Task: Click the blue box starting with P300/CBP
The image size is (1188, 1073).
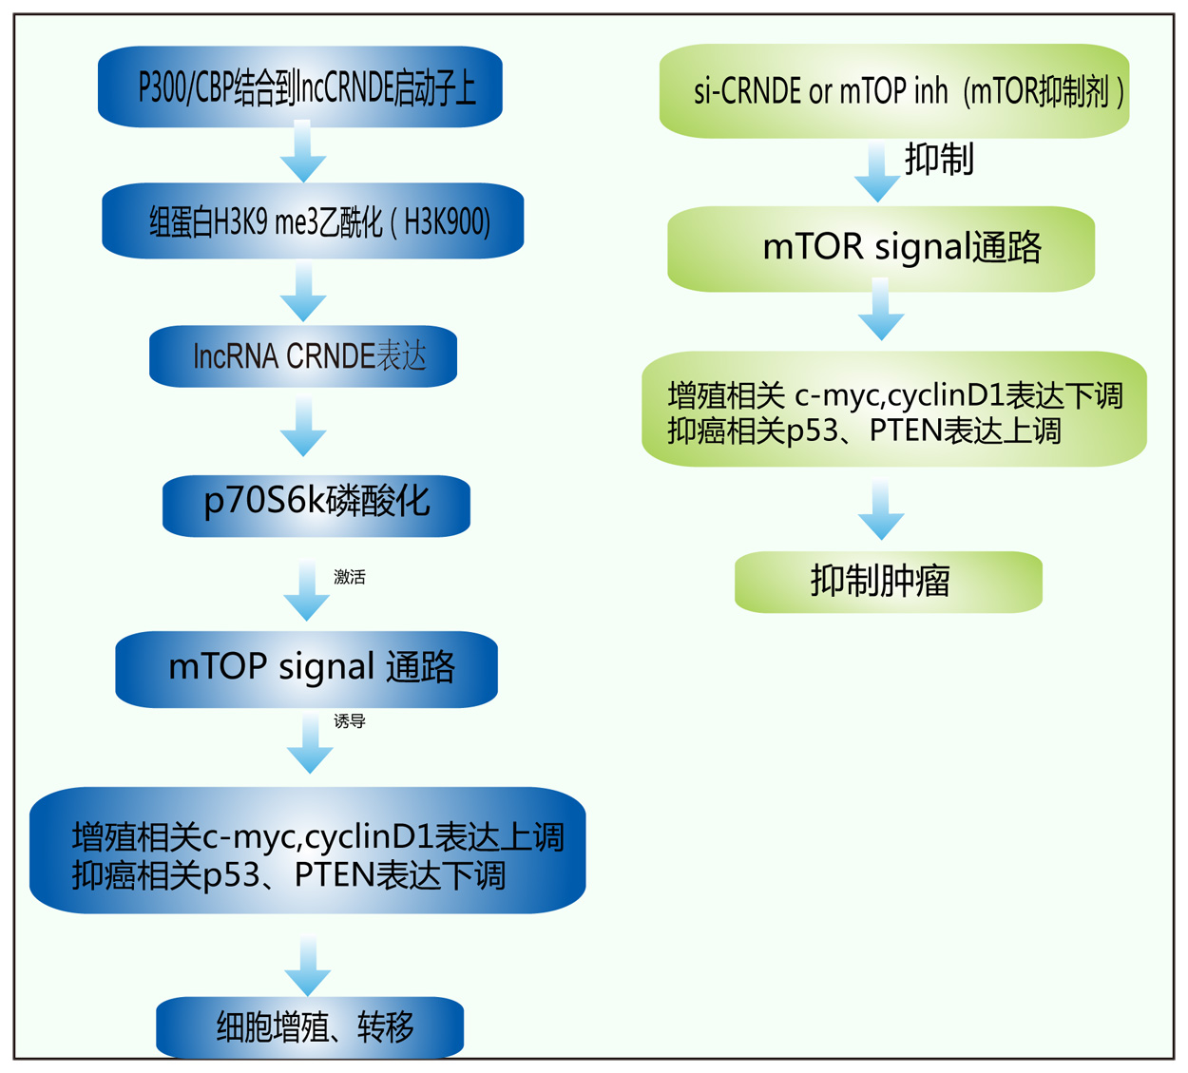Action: point(300,87)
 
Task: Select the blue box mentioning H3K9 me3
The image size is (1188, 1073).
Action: point(313,221)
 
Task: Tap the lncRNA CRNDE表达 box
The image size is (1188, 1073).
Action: point(303,356)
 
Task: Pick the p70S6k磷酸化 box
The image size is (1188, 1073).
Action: point(316,504)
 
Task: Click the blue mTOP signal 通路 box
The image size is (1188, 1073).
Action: point(306,668)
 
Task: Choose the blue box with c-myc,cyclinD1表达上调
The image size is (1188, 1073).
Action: point(307,851)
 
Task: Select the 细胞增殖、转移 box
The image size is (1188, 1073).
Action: point(310,1026)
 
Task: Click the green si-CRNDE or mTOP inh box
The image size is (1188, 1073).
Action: point(894,91)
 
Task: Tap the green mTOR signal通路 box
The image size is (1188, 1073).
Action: point(881,248)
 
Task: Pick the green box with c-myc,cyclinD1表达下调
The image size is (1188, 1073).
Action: point(894,410)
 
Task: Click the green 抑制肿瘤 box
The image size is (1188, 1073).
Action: point(889,581)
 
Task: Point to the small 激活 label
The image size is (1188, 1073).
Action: point(349,577)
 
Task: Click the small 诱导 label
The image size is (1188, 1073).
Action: point(349,721)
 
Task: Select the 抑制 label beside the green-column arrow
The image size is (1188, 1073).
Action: point(939,159)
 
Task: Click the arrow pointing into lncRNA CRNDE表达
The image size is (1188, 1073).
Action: point(303,294)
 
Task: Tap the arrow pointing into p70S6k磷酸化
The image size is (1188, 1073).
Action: point(303,428)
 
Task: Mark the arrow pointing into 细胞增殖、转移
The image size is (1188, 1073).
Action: point(308,966)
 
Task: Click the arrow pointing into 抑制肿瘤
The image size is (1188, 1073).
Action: point(881,510)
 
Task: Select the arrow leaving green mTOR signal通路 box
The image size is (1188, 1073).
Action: point(881,311)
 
